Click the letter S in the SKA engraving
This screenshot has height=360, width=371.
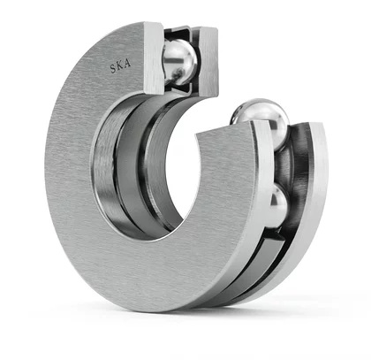point(114,68)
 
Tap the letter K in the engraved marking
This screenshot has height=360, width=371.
point(120,65)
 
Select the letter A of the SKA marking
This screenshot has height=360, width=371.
point(127,64)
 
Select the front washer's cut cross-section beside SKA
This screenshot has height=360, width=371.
point(154,57)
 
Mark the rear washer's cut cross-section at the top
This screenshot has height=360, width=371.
point(208,62)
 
